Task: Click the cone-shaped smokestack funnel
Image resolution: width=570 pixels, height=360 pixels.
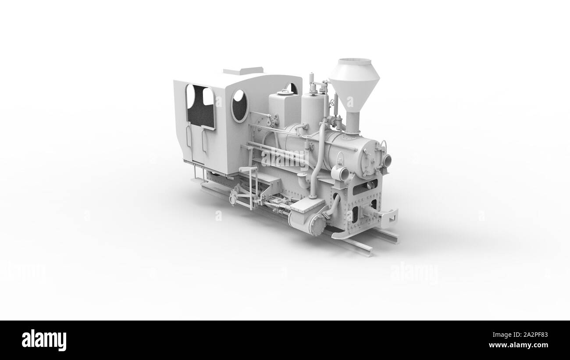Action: pyautogui.click(x=354, y=86)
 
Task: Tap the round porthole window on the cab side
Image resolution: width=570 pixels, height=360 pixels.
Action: pyautogui.click(x=239, y=105)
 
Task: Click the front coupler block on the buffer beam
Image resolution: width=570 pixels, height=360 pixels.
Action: pyautogui.click(x=388, y=216)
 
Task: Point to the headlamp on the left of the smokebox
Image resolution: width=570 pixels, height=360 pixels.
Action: pyautogui.click(x=341, y=173)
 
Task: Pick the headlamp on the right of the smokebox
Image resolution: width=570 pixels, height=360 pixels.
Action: pyautogui.click(x=386, y=160)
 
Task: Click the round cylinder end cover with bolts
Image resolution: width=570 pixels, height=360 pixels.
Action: pyautogui.click(x=316, y=225)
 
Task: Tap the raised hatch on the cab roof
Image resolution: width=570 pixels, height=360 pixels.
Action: pyautogui.click(x=243, y=71)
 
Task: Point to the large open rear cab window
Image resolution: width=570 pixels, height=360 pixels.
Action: pyautogui.click(x=200, y=107)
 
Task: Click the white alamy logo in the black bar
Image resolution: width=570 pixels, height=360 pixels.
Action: pyautogui.click(x=44, y=340)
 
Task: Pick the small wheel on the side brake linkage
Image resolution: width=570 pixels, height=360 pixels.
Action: pyautogui.click(x=232, y=200)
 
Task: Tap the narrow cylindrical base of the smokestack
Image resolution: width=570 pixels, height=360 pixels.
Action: pyautogui.click(x=352, y=122)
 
